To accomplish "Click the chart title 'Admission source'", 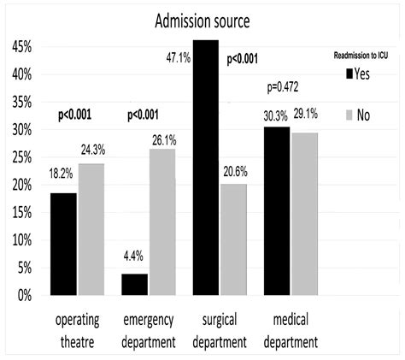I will pos(202,20).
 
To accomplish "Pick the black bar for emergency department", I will pos(135,284).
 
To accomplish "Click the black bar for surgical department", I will pos(205,167).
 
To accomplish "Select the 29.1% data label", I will pos(308,112).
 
